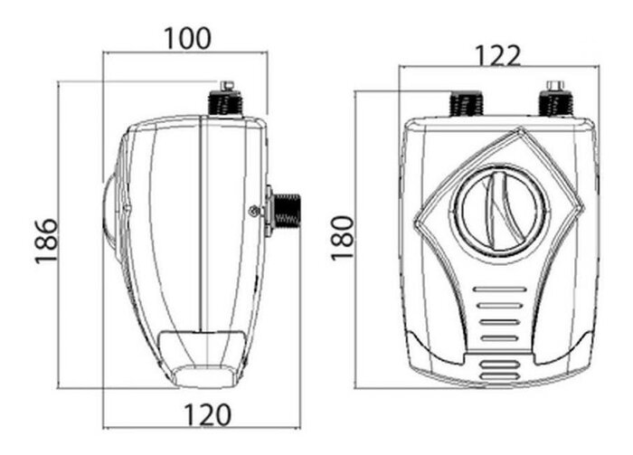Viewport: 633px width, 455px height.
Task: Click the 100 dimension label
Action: pyautogui.click(x=187, y=38)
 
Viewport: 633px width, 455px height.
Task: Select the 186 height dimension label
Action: pyautogui.click(x=46, y=241)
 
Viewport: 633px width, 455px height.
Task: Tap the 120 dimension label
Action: pyautogui.click(x=207, y=415)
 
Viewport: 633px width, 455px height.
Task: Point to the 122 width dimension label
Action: pyautogui.click(x=497, y=55)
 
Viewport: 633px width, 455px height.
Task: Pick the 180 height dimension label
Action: pyautogui.click(x=343, y=238)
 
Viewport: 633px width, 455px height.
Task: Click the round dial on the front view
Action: pyautogui.click(x=500, y=212)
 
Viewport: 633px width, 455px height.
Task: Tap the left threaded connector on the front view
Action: pyautogui.click(x=467, y=103)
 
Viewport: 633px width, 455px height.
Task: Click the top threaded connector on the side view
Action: pyautogui.click(x=224, y=103)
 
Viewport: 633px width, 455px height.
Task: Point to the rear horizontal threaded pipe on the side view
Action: pyautogui.click(x=287, y=211)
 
